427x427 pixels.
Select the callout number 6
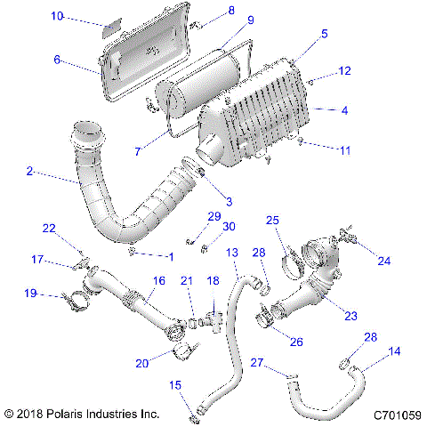(58, 60)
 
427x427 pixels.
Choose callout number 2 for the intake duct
(30, 171)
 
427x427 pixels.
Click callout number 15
(176, 384)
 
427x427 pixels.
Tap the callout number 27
(256, 362)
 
